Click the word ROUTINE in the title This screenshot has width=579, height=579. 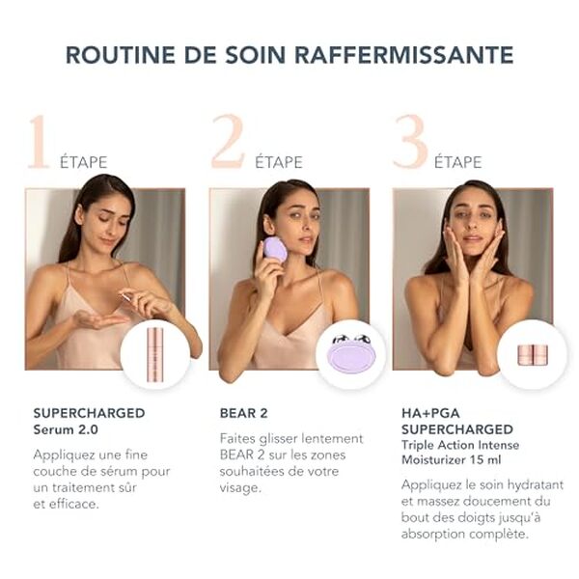point(118,54)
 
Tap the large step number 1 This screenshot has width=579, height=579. point(39,143)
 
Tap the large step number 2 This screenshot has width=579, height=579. point(228,143)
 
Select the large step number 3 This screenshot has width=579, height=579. point(410,143)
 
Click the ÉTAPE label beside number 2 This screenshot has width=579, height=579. point(279,162)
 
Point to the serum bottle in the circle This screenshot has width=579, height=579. point(155,353)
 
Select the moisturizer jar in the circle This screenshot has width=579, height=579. point(532,354)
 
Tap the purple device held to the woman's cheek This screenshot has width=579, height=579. point(275,249)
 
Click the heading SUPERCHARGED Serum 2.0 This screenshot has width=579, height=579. point(89,421)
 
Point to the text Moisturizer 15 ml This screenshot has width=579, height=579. point(450,459)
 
